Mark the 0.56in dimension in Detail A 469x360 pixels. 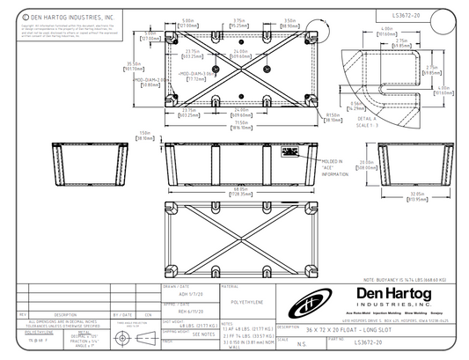[x=355, y=106]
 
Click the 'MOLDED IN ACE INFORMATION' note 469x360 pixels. [x=335, y=168]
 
